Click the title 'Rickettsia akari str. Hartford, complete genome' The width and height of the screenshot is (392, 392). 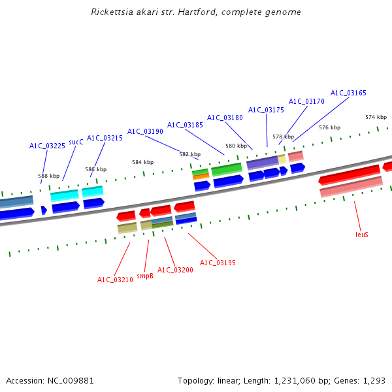(196, 12)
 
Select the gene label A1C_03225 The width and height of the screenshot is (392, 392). (47, 146)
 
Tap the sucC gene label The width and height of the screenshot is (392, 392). (76, 141)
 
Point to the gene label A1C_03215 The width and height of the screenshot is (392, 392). (105, 138)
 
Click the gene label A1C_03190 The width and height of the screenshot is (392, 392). (145, 131)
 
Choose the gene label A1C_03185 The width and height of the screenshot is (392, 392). (185, 125)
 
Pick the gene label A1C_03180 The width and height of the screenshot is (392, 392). (225, 118)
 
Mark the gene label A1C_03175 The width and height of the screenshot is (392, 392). (266, 110)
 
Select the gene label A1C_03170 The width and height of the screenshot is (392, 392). (306, 101)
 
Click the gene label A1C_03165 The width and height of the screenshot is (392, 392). (348, 93)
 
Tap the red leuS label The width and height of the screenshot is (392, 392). (362, 234)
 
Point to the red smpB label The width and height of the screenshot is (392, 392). (145, 276)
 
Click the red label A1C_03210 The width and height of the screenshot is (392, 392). (115, 280)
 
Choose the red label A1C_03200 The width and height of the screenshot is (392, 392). (175, 270)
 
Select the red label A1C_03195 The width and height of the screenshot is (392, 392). (218, 263)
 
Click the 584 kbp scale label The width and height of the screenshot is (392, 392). (142, 162)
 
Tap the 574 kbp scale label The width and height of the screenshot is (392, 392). (376, 117)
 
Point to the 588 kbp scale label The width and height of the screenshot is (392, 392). (48, 176)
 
